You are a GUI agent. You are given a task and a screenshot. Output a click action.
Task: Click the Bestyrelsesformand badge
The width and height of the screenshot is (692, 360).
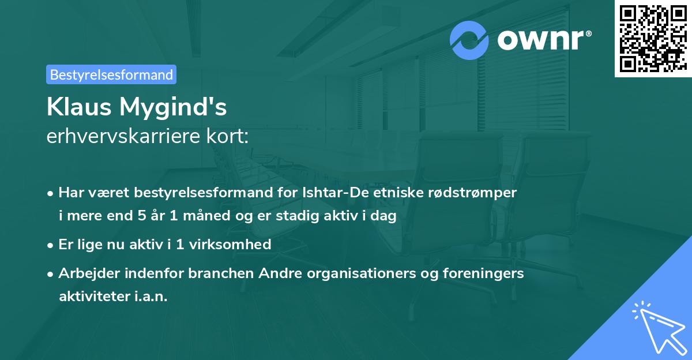click(111, 74)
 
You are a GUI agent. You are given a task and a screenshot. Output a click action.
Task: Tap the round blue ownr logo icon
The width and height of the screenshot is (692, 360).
click(469, 40)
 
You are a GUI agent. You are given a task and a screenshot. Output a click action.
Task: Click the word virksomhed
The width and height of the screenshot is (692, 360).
click(230, 244)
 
